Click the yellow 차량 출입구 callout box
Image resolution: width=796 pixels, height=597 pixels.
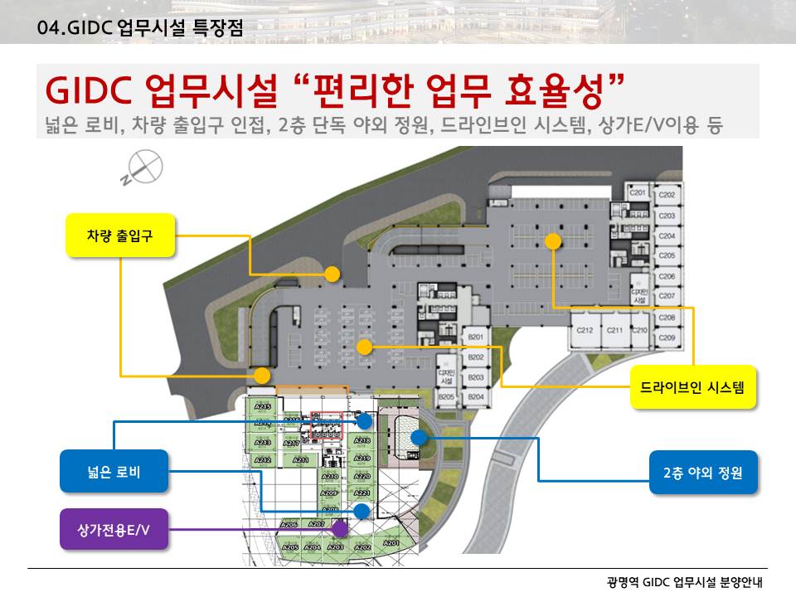(120, 235)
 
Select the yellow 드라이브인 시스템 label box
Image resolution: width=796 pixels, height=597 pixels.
(693, 386)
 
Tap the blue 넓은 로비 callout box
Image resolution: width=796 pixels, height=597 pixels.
(114, 472)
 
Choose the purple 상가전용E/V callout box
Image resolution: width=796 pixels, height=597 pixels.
(114, 529)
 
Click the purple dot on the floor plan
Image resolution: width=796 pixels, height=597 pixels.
(339, 527)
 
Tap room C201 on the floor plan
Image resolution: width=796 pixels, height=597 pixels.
(638, 193)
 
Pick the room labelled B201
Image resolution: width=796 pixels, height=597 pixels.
(475, 337)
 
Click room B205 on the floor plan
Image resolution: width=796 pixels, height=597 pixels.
(447, 398)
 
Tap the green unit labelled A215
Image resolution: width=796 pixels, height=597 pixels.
(263, 408)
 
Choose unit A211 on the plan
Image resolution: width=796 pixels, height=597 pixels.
(301, 459)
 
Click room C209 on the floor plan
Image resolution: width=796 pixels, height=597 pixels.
(667, 338)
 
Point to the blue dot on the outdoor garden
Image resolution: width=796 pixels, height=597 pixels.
(419, 437)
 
